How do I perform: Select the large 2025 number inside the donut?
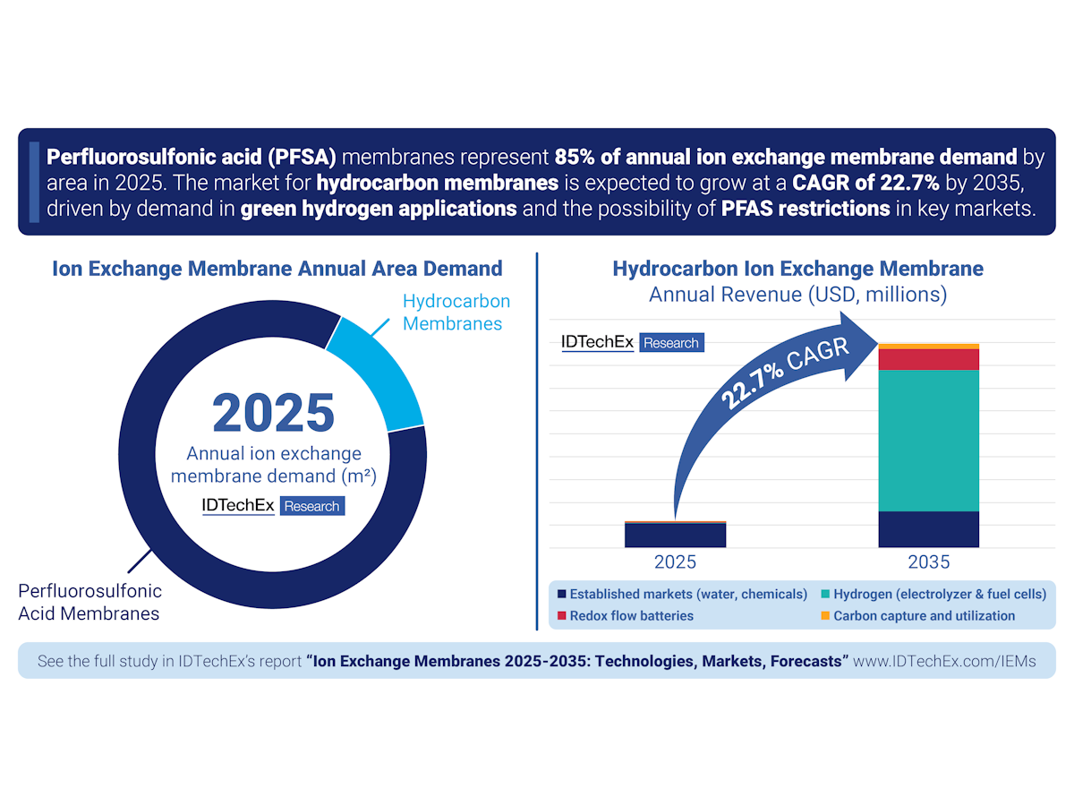[x=273, y=412]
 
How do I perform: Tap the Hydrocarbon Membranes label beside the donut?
[x=456, y=313]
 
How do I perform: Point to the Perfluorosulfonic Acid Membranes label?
[x=89, y=602]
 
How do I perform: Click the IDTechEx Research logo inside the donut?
[x=273, y=506]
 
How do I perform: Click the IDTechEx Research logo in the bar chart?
[x=632, y=342]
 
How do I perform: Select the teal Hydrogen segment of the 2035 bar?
[x=928, y=439]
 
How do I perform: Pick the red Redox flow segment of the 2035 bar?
[x=928, y=359]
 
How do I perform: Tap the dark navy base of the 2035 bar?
[x=928, y=528]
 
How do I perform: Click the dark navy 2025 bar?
[x=675, y=535]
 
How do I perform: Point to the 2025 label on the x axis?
[x=675, y=563]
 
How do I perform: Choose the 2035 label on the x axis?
[x=928, y=563]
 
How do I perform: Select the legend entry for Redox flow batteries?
[x=631, y=615]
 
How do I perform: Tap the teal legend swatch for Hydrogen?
[x=825, y=594]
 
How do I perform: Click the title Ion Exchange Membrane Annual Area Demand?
[x=277, y=269]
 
